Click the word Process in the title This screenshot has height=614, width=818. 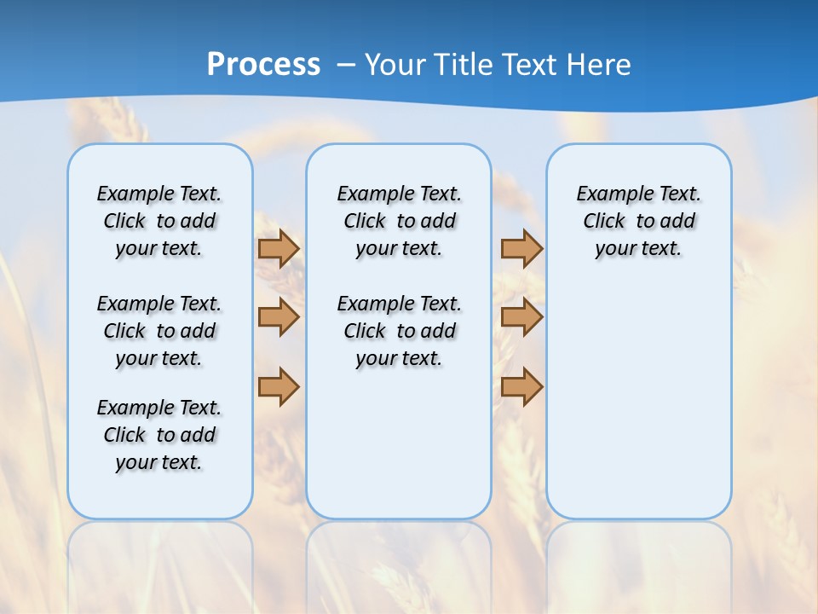263,65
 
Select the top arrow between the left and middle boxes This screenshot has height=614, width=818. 279,249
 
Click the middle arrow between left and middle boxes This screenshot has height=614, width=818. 279,317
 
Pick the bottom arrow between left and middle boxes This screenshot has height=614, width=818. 279,386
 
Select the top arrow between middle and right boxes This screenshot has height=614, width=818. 521,249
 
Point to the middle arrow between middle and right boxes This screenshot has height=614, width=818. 521,317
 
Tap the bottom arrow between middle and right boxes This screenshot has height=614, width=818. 521,386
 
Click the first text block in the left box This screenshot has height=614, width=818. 159,221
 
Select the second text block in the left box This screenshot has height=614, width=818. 159,331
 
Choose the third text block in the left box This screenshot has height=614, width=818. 159,435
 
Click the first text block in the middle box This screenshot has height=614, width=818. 400,221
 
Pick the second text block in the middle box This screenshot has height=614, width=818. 400,331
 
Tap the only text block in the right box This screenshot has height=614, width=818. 639,221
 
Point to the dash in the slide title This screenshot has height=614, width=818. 346,65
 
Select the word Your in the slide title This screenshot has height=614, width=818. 396,65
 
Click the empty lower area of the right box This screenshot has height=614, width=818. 639,401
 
